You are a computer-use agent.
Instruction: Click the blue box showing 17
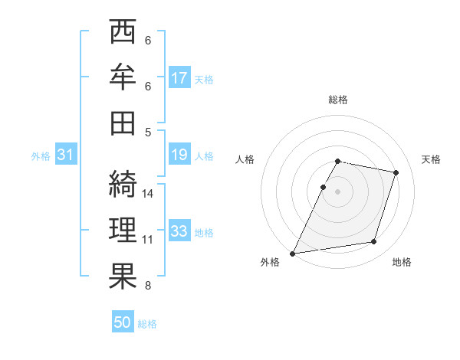[x=179, y=77]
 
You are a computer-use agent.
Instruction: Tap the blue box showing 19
[x=179, y=155]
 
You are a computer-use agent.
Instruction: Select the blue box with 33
[x=179, y=231]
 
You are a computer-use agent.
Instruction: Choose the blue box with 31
[x=65, y=155]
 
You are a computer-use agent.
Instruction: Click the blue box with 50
[x=123, y=322]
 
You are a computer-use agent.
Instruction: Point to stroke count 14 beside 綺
[x=149, y=194]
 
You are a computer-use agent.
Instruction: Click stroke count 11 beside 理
[x=149, y=239]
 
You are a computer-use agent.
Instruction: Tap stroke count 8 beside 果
[x=148, y=286]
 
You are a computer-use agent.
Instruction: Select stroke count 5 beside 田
[x=148, y=132]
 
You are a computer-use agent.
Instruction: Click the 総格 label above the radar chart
[x=338, y=100]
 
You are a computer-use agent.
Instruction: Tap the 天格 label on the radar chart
[x=432, y=160]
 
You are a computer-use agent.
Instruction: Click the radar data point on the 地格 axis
[x=374, y=242]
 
